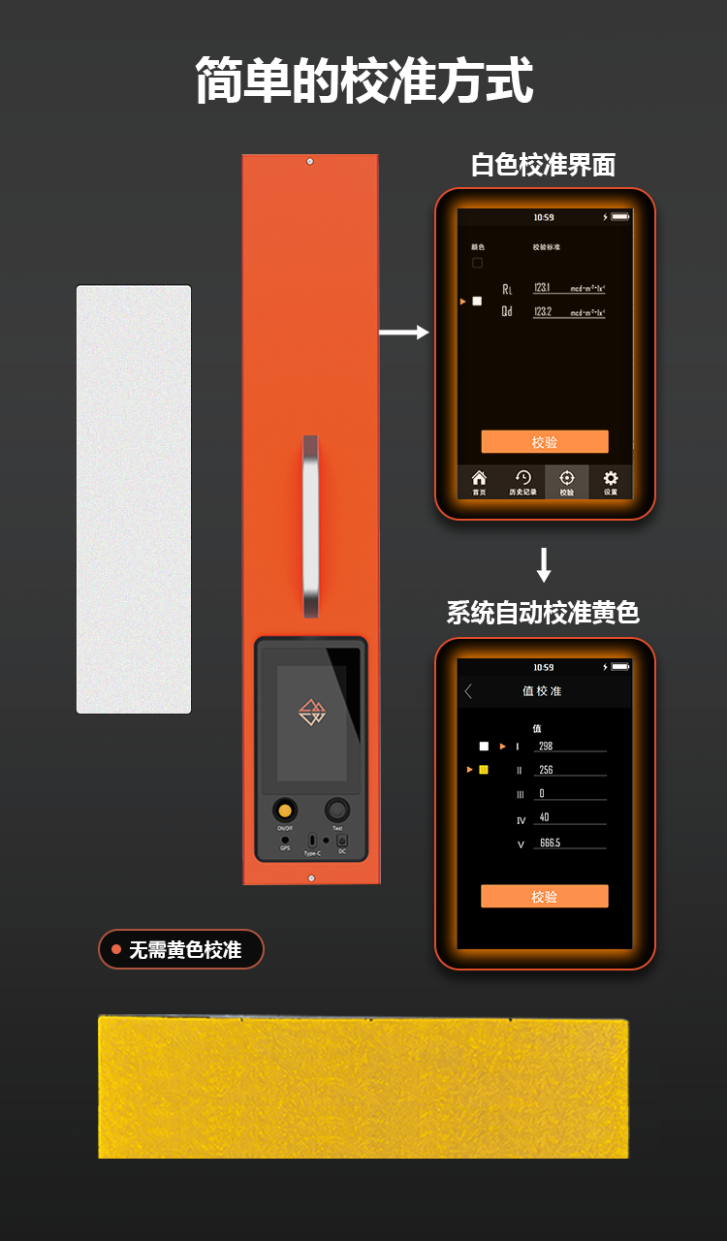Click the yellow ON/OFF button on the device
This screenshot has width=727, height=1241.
pos(285,810)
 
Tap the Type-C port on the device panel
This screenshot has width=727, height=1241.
pos(312,841)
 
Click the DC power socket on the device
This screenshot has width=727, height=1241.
pos(342,841)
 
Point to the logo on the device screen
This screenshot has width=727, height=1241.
pos(311,713)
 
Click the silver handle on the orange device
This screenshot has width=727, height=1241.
pos(310,525)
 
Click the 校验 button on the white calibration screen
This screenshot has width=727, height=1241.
pos(545,442)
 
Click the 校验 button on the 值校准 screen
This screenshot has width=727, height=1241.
pos(545,897)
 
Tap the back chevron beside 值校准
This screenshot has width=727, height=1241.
pos(468,691)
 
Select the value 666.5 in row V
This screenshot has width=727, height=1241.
pos(551,843)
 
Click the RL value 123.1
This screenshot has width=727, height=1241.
pos(542,288)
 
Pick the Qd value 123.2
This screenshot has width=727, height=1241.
pos(543,311)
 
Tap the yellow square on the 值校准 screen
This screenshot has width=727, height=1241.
pos(484,770)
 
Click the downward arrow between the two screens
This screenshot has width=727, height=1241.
pos(544,564)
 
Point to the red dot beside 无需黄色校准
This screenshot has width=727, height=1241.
pos(116,950)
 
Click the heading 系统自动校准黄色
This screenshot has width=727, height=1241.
pos(543,613)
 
